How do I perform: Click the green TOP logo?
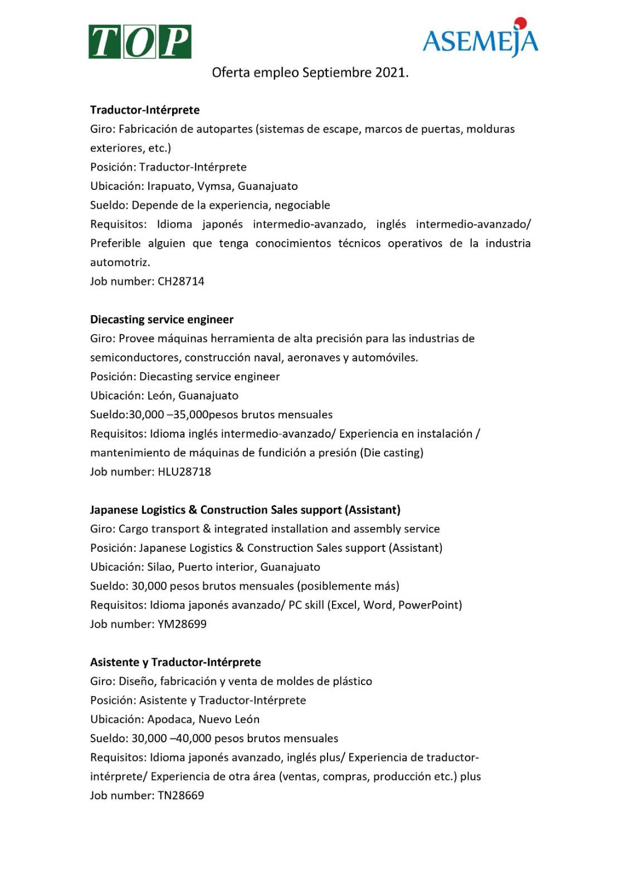[x=140, y=42]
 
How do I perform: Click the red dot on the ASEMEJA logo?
[x=520, y=22]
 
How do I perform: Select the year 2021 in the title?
[x=391, y=72]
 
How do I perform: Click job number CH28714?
[x=180, y=281]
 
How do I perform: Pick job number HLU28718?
[x=184, y=472]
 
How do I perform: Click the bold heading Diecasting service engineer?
[x=162, y=320]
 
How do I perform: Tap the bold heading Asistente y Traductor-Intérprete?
[x=175, y=662]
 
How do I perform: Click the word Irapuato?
[x=170, y=186]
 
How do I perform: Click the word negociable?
[x=302, y=205]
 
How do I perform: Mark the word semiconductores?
[x=134, y=358]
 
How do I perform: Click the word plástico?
[x=351, y=681]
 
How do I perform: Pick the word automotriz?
[x=120, y=262]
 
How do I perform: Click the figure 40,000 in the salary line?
[x=193, y=738]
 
